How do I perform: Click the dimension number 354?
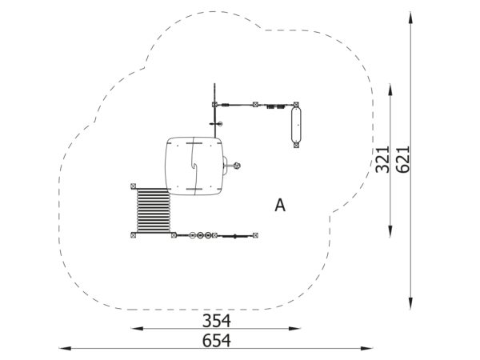[x=217, y=321]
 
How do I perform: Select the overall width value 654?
[x=217, y=341]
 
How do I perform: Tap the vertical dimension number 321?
[x=382, y=160]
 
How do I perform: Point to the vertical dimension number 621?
[x=402, y=160]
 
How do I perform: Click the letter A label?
[x=280, y=205]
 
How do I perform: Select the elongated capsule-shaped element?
[x=296, y=125]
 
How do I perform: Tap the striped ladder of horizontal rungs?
[x=154, y=210]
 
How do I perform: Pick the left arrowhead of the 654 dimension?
[x=65, y=348]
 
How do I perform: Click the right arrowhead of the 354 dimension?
[x=294, y=329]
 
